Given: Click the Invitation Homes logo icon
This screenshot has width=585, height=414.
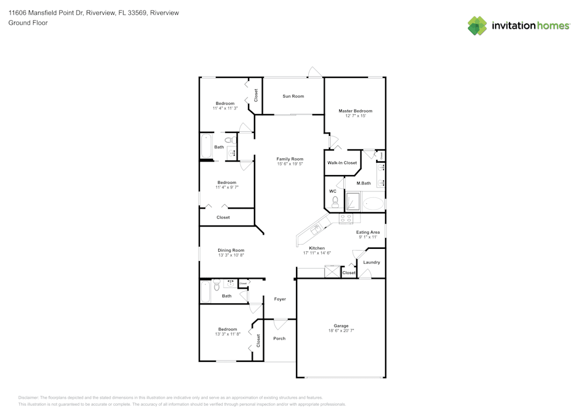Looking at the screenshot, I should pyautogui.click(x=477, y=26).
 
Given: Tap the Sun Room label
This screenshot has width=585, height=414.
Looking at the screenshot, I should pyautogui.click(x=293, y=96).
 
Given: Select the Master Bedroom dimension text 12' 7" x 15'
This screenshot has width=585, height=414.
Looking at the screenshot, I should pyautogui.click(x=355, y=116).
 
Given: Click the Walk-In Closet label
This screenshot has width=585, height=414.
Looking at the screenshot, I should pyautogui.click(x=342, y=163).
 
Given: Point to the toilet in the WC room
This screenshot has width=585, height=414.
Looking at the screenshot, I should pyautogui.click(x=335, y=202).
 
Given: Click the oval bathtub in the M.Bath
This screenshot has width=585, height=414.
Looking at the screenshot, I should pyautogui.click(x=373, y=204).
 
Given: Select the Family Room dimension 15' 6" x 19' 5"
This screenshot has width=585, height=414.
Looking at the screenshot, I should pyautogui.click(x=290, y=164).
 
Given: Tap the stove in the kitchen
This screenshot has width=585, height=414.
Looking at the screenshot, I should pyautogui.click(x=346, y=218).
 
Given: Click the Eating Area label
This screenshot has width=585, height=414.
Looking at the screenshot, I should pyautogui.click(x=368, y=232).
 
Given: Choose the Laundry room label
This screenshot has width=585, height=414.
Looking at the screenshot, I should pyautogui.click(x=371, y=262).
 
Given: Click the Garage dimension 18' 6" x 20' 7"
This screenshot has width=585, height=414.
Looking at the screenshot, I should pyautogui.click(x=341, y=331).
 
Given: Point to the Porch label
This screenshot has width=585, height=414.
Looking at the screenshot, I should pyautogui.click(x=280, y=338).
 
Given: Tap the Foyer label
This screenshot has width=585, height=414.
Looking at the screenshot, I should pyautogui.click(x=280, y=299).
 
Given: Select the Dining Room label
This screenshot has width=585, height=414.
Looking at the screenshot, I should pyautogui.click(x=231, y=250).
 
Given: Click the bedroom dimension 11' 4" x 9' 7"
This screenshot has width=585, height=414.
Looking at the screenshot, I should pyautogui.click(x=227, y=187).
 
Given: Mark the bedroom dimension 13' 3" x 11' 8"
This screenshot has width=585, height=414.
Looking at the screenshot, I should pyautogui.click(x=228, y=334).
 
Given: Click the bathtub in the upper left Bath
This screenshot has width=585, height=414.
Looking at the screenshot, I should pyautogui.click(x=206, y=146).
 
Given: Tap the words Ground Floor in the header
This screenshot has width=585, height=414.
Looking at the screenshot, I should pyautogui.click(x=27, y=23).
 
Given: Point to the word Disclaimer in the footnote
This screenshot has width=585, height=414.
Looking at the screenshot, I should pyautogui.click(x=28, y=397).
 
